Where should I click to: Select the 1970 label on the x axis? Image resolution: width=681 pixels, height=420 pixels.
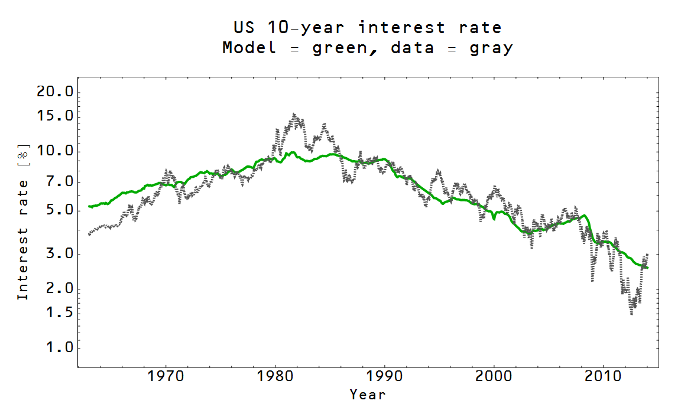pyautogui.click(x=166, y=376)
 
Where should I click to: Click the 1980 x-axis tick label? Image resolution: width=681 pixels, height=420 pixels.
pyautogui.click(x=275, y=376)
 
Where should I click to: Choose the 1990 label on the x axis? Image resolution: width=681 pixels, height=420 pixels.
pyautogui.click(x=384, y=376)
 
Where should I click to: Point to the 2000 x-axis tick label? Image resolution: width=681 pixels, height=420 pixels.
pyautogui.click(x=494, y=376)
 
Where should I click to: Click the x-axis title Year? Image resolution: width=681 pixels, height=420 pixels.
pyautogui.click(x=367, y=394)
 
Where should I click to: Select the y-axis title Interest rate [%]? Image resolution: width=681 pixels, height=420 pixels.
pyautogui.click(x=22, y=222)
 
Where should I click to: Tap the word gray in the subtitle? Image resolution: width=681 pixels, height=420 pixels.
pyautogui.click(x=491, y=48)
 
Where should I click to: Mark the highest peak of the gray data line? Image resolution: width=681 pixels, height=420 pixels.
pyautogui.click(x=294, y=114)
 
